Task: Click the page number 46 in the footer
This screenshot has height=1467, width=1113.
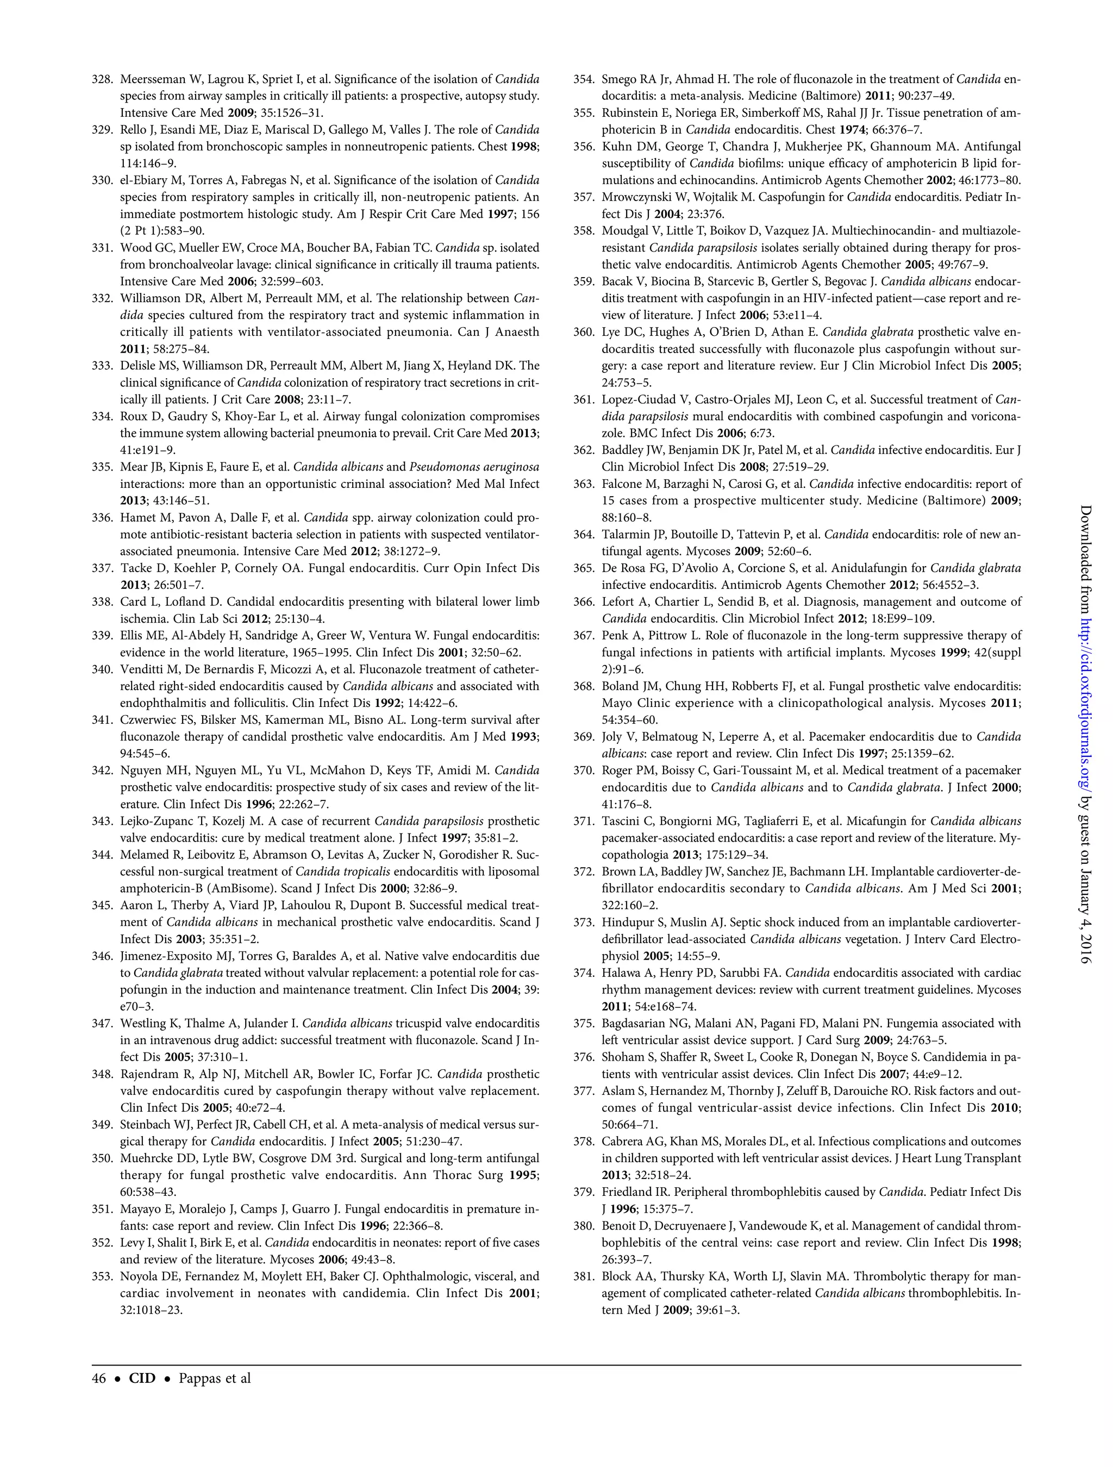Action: tap(99, 1378)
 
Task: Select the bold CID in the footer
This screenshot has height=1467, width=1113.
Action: tap(142, 1378)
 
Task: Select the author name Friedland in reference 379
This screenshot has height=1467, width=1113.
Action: tap(628, 1192)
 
